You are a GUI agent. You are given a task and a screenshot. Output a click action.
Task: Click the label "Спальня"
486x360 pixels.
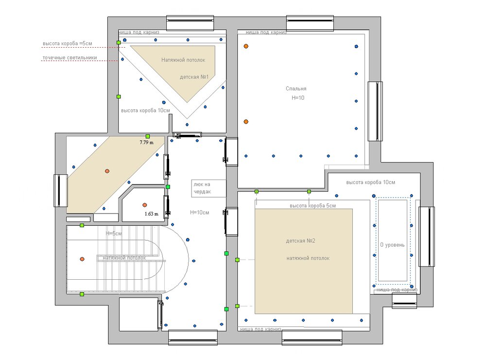pyautogui.click(x=296, y=89)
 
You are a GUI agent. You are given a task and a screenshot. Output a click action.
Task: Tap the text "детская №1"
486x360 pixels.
pyautogui.click(x=194, y=77)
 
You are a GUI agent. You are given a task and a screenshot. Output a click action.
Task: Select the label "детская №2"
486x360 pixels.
pyautogui.click(x=301, y=241)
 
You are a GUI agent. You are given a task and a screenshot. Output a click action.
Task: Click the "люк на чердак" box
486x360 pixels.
pyautogui.click(x=208, y=188)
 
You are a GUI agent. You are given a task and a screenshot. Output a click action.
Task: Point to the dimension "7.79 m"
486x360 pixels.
pyautogui.click(x=147, y=143)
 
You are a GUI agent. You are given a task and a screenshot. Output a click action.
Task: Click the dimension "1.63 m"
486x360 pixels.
pyautogui.click(x=152, y=214)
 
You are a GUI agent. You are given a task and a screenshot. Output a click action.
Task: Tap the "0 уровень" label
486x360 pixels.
pyautogui.click(x=392, y=245)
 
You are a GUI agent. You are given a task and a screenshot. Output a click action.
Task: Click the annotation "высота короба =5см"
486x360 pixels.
pyautogui.click(x=67, y=43)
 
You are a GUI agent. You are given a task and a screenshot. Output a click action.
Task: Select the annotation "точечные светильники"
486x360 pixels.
pyautogui.click(x=69, y=58)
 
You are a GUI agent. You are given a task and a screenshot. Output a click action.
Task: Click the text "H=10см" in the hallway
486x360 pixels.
pyautogui.click(x=200, y=213)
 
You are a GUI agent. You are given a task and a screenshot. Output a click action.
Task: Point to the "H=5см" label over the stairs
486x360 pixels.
pyautogui.click(x=114, y=234)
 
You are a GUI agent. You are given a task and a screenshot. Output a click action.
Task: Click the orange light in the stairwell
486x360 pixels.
pyautogui.click(x=82, y=259)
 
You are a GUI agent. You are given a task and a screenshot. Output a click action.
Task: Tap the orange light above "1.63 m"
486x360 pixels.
pyautogui.click(x=145, y=205)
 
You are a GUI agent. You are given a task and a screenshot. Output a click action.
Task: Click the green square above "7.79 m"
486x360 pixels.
pyautogui.click(x=148, y=136)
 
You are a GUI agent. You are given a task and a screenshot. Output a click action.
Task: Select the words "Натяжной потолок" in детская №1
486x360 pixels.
pyautogui.click(x=183, y=60)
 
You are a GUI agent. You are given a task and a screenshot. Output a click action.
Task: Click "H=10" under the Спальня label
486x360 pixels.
pyautogui.click(x=298, y=98)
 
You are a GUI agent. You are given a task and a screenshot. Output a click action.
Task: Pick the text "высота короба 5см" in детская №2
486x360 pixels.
pyautogui.click(x=312, y=206)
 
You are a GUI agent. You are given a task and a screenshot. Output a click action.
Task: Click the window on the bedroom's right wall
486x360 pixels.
pyautogui.click(x=375, y=111)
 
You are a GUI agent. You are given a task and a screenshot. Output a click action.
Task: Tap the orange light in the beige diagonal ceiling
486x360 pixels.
pyautogui.click(x=107, y=171)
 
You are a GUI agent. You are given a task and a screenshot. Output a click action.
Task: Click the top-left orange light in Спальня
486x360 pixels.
pyautogui.click(x=246, y=46)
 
